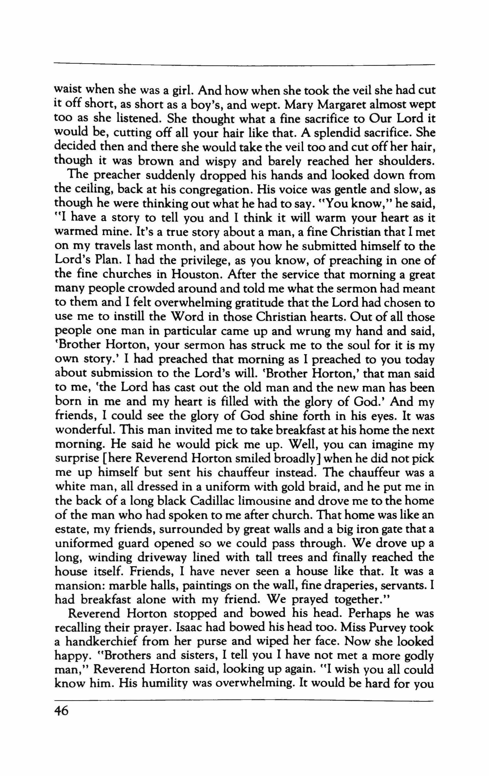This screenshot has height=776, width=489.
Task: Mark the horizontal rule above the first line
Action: pos(244,65)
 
